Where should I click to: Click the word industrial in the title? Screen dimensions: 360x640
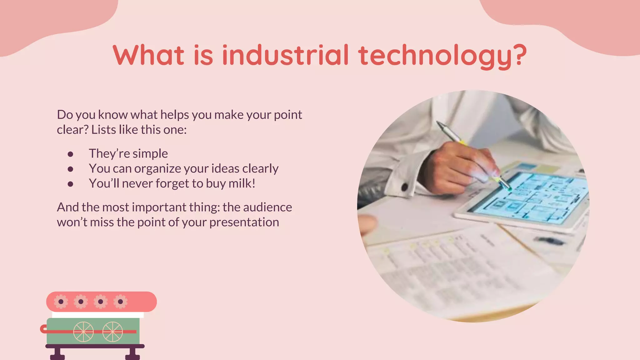tap(285, 55)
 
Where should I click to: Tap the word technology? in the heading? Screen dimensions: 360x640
tap(442, 56)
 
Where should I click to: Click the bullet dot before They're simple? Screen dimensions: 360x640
tap(70, 154)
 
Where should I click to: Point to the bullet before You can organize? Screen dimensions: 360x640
tap(70, 169)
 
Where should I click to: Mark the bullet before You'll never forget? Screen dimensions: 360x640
tap(70, 184)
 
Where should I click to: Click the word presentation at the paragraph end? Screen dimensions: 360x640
tap(244, 222)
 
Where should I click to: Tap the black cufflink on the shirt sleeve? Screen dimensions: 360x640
tap(404, 187)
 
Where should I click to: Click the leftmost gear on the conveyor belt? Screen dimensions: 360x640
tap(61, 302)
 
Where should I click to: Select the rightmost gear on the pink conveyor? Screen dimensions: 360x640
tap(120, 302)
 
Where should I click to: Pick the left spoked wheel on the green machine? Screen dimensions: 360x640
tap(83, 332)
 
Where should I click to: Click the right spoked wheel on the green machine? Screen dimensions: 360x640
tap(112, 332)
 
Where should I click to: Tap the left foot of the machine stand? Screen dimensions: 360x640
tap(57, 355)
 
